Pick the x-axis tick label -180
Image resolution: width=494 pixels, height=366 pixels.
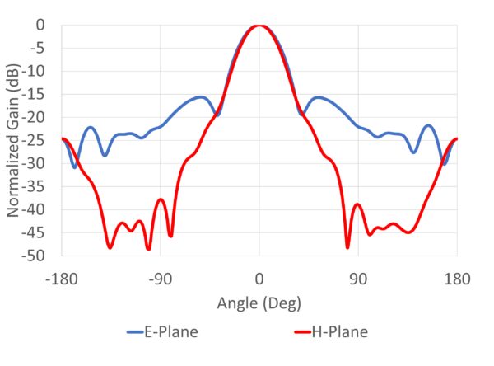[x=62, y=279]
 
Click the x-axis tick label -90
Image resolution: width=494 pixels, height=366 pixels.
[x=161, y=279]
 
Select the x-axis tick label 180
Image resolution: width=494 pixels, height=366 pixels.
[x=457, y=279]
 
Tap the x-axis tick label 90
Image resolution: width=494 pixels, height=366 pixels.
[x=358, y=279]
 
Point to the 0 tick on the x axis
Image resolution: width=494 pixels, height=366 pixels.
[x=259, y=279]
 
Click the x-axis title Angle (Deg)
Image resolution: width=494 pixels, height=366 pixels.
[x=259, y=303]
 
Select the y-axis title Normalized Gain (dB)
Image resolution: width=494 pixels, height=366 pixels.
[x=14, y=140]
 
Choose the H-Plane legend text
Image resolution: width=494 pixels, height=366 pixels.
[x=339, y=332]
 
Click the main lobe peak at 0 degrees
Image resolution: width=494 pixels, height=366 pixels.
[x=259, y=26]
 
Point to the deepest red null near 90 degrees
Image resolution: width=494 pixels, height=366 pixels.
[x=347, y=246]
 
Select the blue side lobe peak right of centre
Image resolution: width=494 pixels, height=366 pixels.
[x=319, y=96]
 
